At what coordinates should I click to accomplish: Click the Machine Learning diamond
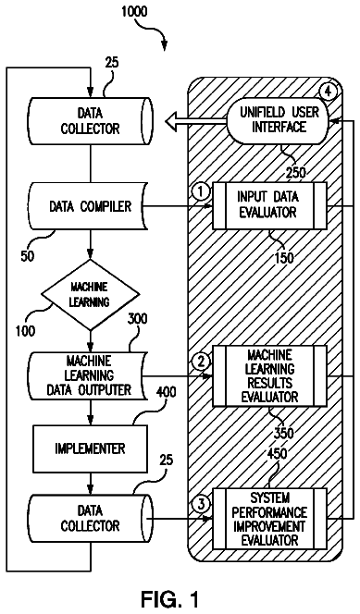pos(90,294)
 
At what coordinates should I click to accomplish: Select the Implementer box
pos(90,448)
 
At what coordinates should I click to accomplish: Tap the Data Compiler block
pos(90,206)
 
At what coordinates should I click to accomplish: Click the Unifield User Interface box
pos(279,120)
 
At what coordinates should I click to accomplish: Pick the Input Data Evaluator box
pos(269,205)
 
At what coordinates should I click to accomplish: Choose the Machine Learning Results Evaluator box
pos(269,376)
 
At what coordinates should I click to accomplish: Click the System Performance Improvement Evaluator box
pos(269,519)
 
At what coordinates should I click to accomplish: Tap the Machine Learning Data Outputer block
pos(89,375)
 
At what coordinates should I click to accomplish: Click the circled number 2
pos(201,362)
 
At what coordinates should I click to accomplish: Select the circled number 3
pos(201,504)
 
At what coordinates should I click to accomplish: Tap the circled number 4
pos(328,92)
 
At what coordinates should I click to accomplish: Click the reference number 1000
pos(134,12)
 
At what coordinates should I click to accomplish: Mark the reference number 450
pos(277,454)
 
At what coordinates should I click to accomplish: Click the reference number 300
pos(137,319)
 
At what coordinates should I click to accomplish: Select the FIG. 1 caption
pos(169,598)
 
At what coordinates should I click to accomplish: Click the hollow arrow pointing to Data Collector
pos(195,122)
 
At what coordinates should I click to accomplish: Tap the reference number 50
pos(28,256)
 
